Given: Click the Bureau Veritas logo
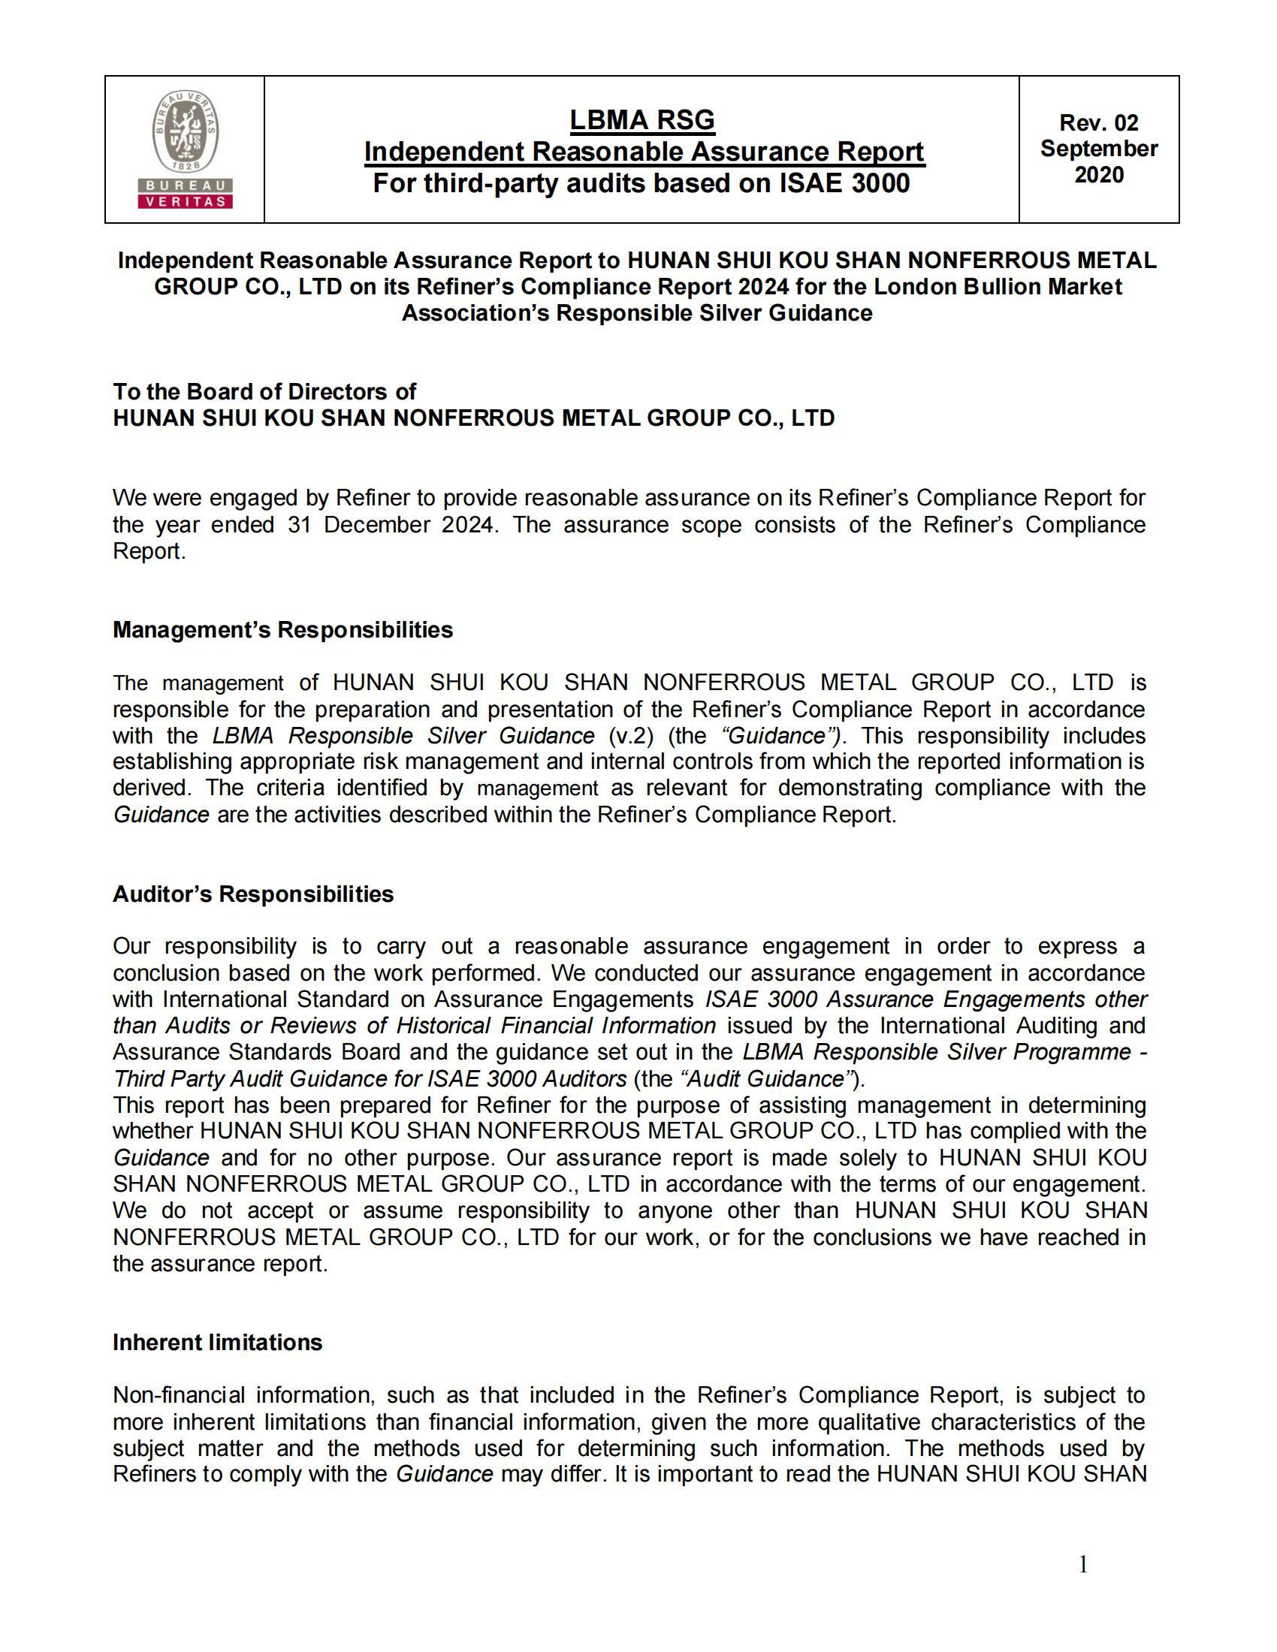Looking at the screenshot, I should coord(185,149).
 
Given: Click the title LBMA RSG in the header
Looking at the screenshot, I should coord(642,119).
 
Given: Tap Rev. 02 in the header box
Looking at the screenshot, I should coord(1098,122).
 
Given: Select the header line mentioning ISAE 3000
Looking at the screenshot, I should coord(642,183).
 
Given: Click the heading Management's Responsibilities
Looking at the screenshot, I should coord(282,630).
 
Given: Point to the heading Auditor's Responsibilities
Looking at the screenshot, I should coord(252,894).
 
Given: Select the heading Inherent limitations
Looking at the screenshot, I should coord(217,1343).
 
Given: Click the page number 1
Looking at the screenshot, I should coord(1082,1564).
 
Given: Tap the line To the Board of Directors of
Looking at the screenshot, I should coord(264,391).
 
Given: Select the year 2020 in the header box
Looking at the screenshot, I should coord(1098,175).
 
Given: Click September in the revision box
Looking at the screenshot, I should coord(1098,148).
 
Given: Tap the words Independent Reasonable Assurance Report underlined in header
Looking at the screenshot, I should coord(644,151).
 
